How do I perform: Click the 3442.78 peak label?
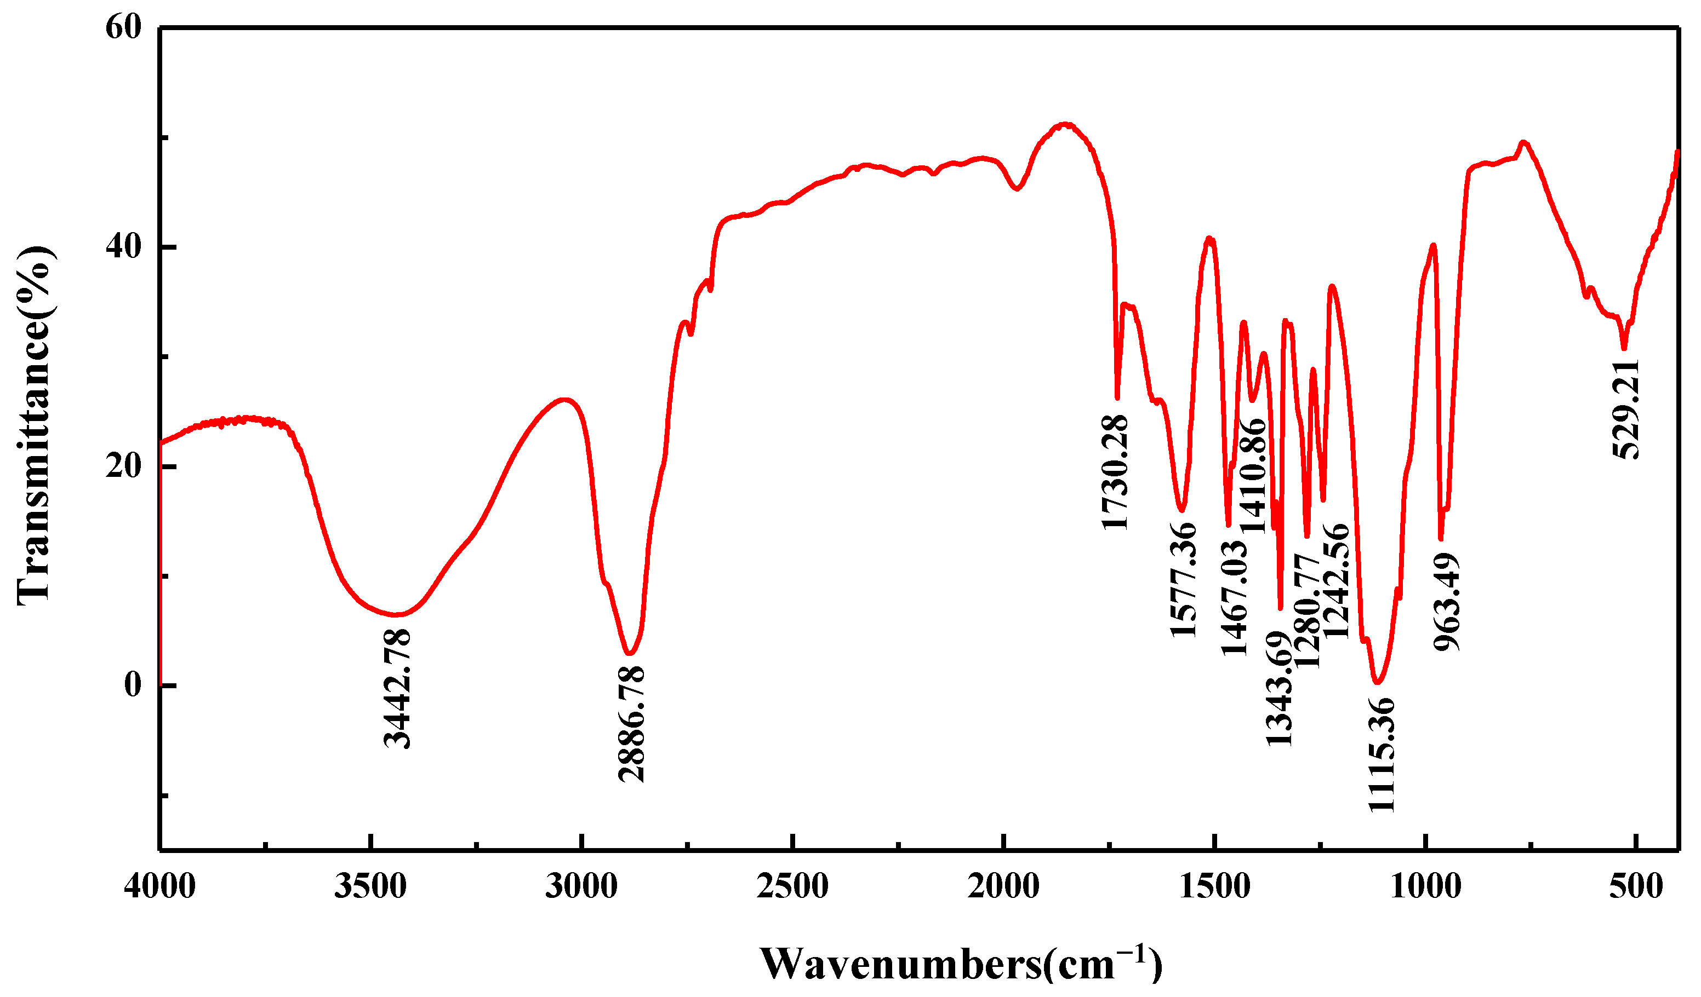[x=397, y=689]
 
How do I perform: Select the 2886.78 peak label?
[x=632, y=724]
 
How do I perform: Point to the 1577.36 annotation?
[x=1183, y=580]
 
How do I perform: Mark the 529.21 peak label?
[x=1625, y=410]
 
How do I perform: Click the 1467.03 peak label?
[x=1235, y=598]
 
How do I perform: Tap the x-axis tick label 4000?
[x=160, y=886]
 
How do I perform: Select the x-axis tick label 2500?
[x=792, y=886]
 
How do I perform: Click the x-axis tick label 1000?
[x=1425, y=886]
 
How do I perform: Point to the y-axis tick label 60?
[x=123, y=28]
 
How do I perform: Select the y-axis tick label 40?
[x=123, y=247]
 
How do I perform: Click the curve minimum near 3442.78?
[x=397, y=614]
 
